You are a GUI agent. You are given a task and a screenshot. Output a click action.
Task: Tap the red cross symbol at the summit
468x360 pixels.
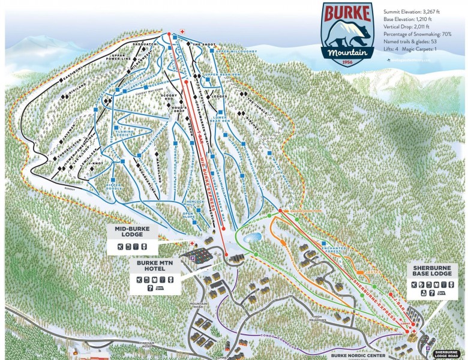pos(183,31)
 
